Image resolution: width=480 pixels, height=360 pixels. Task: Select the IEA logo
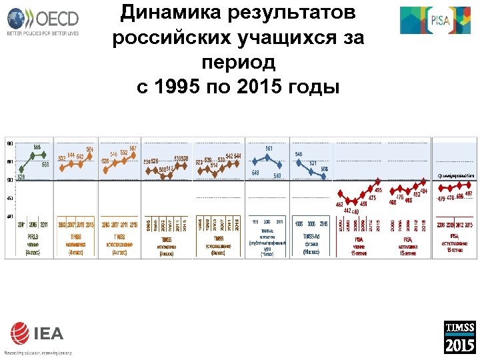36,336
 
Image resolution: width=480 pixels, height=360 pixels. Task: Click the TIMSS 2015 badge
460,337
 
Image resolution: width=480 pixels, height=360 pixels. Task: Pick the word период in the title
237,63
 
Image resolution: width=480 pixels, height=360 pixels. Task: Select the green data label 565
37,147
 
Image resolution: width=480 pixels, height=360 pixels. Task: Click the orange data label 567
133,147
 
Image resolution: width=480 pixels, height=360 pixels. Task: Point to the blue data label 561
269,148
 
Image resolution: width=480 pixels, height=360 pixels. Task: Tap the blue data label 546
299,154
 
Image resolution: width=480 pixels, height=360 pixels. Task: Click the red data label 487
469,193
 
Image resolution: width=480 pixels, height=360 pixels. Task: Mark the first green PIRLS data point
21,169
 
